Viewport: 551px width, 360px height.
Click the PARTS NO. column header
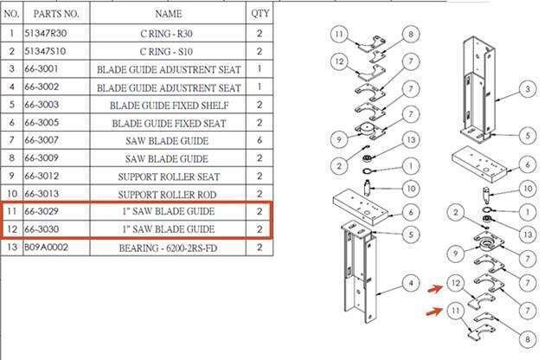pos(56,14)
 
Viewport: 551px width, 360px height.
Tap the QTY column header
pos(259,14)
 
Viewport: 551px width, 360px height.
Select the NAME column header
pos(169,14)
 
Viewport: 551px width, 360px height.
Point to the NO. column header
pos(11,14)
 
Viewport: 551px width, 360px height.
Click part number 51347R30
pos(45,34)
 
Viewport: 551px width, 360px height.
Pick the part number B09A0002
pos(46,247)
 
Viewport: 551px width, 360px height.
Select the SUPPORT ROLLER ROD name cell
pos(167,195)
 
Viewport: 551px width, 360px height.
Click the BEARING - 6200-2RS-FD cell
pos(168,248)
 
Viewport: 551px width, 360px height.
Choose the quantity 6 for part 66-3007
pos(259,140)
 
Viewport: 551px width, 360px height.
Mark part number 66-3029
pos(42,211)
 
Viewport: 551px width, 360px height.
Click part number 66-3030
pos(42,228)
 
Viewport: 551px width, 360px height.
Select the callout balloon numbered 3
pos(528,89)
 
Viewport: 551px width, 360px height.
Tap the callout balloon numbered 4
pos(411,283)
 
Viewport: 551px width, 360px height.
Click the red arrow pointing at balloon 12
pos(435,289)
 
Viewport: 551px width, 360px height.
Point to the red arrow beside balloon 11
pos(434,312)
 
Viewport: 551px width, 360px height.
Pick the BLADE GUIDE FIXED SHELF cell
pos(170,106)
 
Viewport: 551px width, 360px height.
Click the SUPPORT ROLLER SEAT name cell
pos(169,177)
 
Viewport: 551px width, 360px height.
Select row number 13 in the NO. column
pos(11,247)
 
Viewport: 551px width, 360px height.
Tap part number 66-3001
pos(42,68)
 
